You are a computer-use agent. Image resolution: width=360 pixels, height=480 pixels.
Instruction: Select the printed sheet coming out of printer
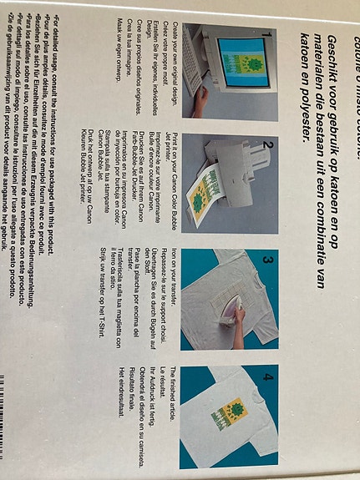pos(200,200)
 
